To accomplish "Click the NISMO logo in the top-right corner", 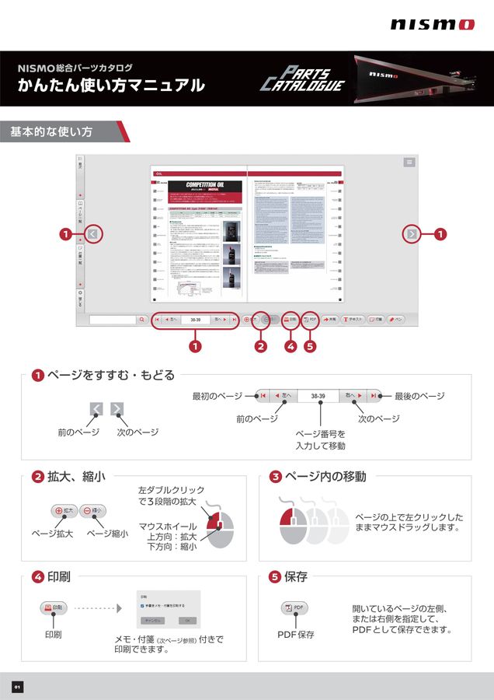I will [x=432, y=24].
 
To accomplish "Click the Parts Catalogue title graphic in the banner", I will [x=302, y=79].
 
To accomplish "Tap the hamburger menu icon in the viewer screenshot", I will [x=409, y=162].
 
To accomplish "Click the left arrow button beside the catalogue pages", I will [x=93, y=233].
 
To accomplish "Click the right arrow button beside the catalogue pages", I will [x=412, y=233].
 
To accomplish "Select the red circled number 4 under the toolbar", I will [x=290, y=346].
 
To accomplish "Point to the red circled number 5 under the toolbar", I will [x=310, y=346].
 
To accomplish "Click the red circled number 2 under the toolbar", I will [x=261, y=346].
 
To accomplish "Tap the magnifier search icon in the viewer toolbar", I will [x=141, y=319].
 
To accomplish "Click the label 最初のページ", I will [x=217, y=396].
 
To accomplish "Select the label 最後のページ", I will [x=419, y=396].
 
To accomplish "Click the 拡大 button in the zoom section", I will [x=64, y=511].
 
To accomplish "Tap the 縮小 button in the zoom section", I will [x=93, y=511].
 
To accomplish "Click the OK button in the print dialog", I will [x=187, y=621].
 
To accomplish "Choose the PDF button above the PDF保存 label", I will [x=295, y=607].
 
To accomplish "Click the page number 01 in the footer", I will [x=17, y=687].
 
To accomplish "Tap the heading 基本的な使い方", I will [x=51, y=132].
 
